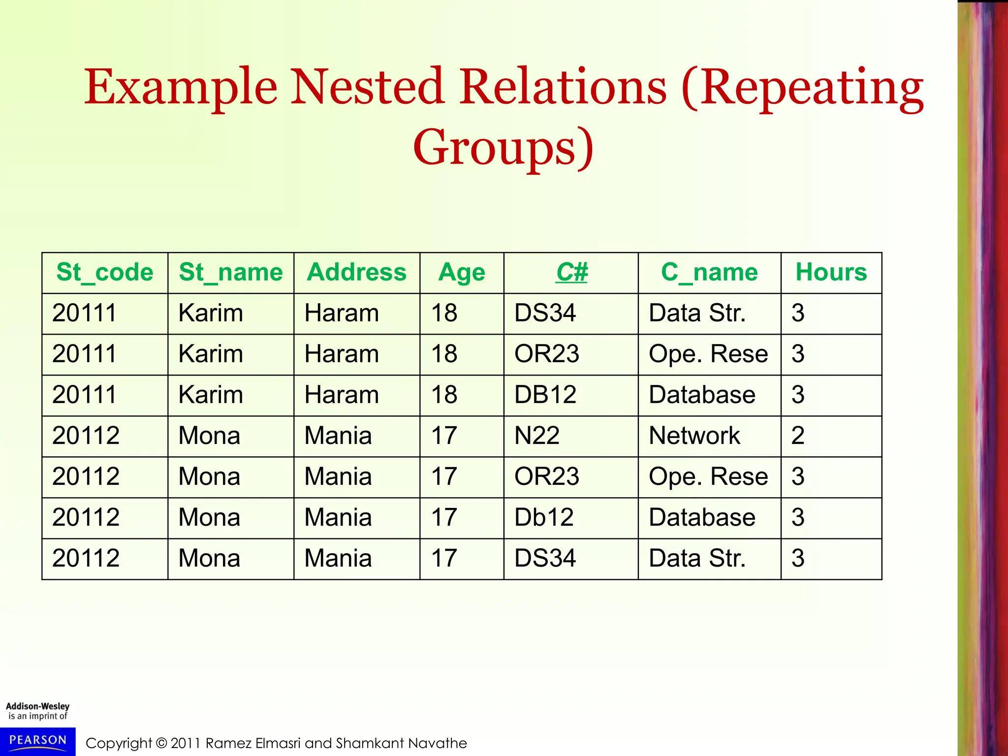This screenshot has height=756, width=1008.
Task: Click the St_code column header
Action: pyautogui.click(x=105, y=273)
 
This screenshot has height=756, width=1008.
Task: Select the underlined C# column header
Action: pyautogui.click(x=571, y=273)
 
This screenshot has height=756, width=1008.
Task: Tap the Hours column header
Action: pyautogui.click(x=831, y=273)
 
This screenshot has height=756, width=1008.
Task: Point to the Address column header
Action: pyautogui.click(x=357, y=273)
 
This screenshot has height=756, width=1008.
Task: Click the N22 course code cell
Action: pyautogui.click(x=537, y=436)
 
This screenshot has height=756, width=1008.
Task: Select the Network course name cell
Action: pyautogui.click(x=694, y=436)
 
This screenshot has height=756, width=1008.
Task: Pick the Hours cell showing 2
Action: pyautogui.click(x=798, y=436)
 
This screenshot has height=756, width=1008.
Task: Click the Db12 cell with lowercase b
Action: pyautogui.click(x=544, y=518)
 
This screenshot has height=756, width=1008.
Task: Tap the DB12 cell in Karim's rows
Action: pyautogui.click(x=545, y=395)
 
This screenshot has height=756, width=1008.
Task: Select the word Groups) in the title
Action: pyautogui.click(x=504, y=148)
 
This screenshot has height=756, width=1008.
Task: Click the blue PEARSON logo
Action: pyautogui.click(x=38, y=741)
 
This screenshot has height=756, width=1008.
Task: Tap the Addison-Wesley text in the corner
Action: pyautogui.click(x=38, y=706)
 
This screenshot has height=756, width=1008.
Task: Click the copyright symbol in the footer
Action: pyautogui.click(x=161, y=743)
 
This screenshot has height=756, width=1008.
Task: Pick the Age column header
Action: pyautogui.click(x=462, y=273)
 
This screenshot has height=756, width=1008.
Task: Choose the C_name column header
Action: pyautogui.click(x=709, y=273)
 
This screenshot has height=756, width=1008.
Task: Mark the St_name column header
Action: pyautogui.click(x=231, y=273)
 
